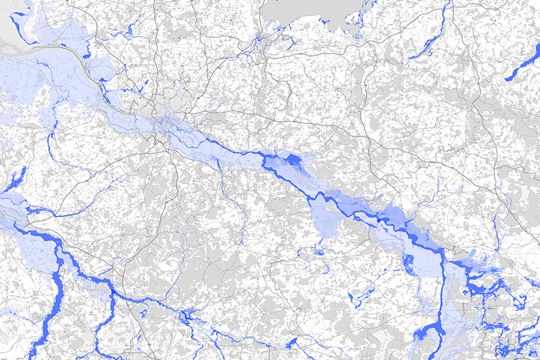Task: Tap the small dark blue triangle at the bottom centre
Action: [x=292, y=343]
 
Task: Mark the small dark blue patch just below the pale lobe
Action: [x=318, y=253]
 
